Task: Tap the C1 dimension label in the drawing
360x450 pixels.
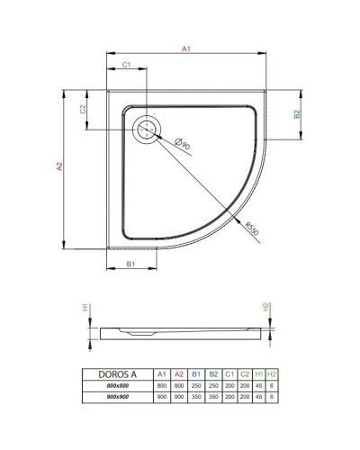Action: [127, 66]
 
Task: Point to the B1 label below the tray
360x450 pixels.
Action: [130, 264]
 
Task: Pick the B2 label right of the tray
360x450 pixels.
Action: [296, 114]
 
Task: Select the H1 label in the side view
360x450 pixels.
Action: [86, 308]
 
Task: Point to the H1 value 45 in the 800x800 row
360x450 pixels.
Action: [258, 383]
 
